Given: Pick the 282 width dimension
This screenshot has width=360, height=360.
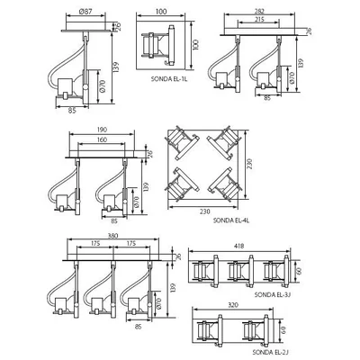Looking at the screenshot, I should coord(257,11).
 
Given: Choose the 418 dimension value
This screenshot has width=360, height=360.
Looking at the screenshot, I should coord(240,247).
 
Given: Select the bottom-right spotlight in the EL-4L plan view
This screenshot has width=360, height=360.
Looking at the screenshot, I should coord(224,186).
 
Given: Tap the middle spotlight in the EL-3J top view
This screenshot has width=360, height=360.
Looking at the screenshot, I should coord(239,271).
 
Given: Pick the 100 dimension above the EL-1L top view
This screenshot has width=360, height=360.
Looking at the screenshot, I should coord(161,11).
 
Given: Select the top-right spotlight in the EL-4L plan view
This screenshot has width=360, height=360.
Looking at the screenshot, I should coord(224,146).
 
